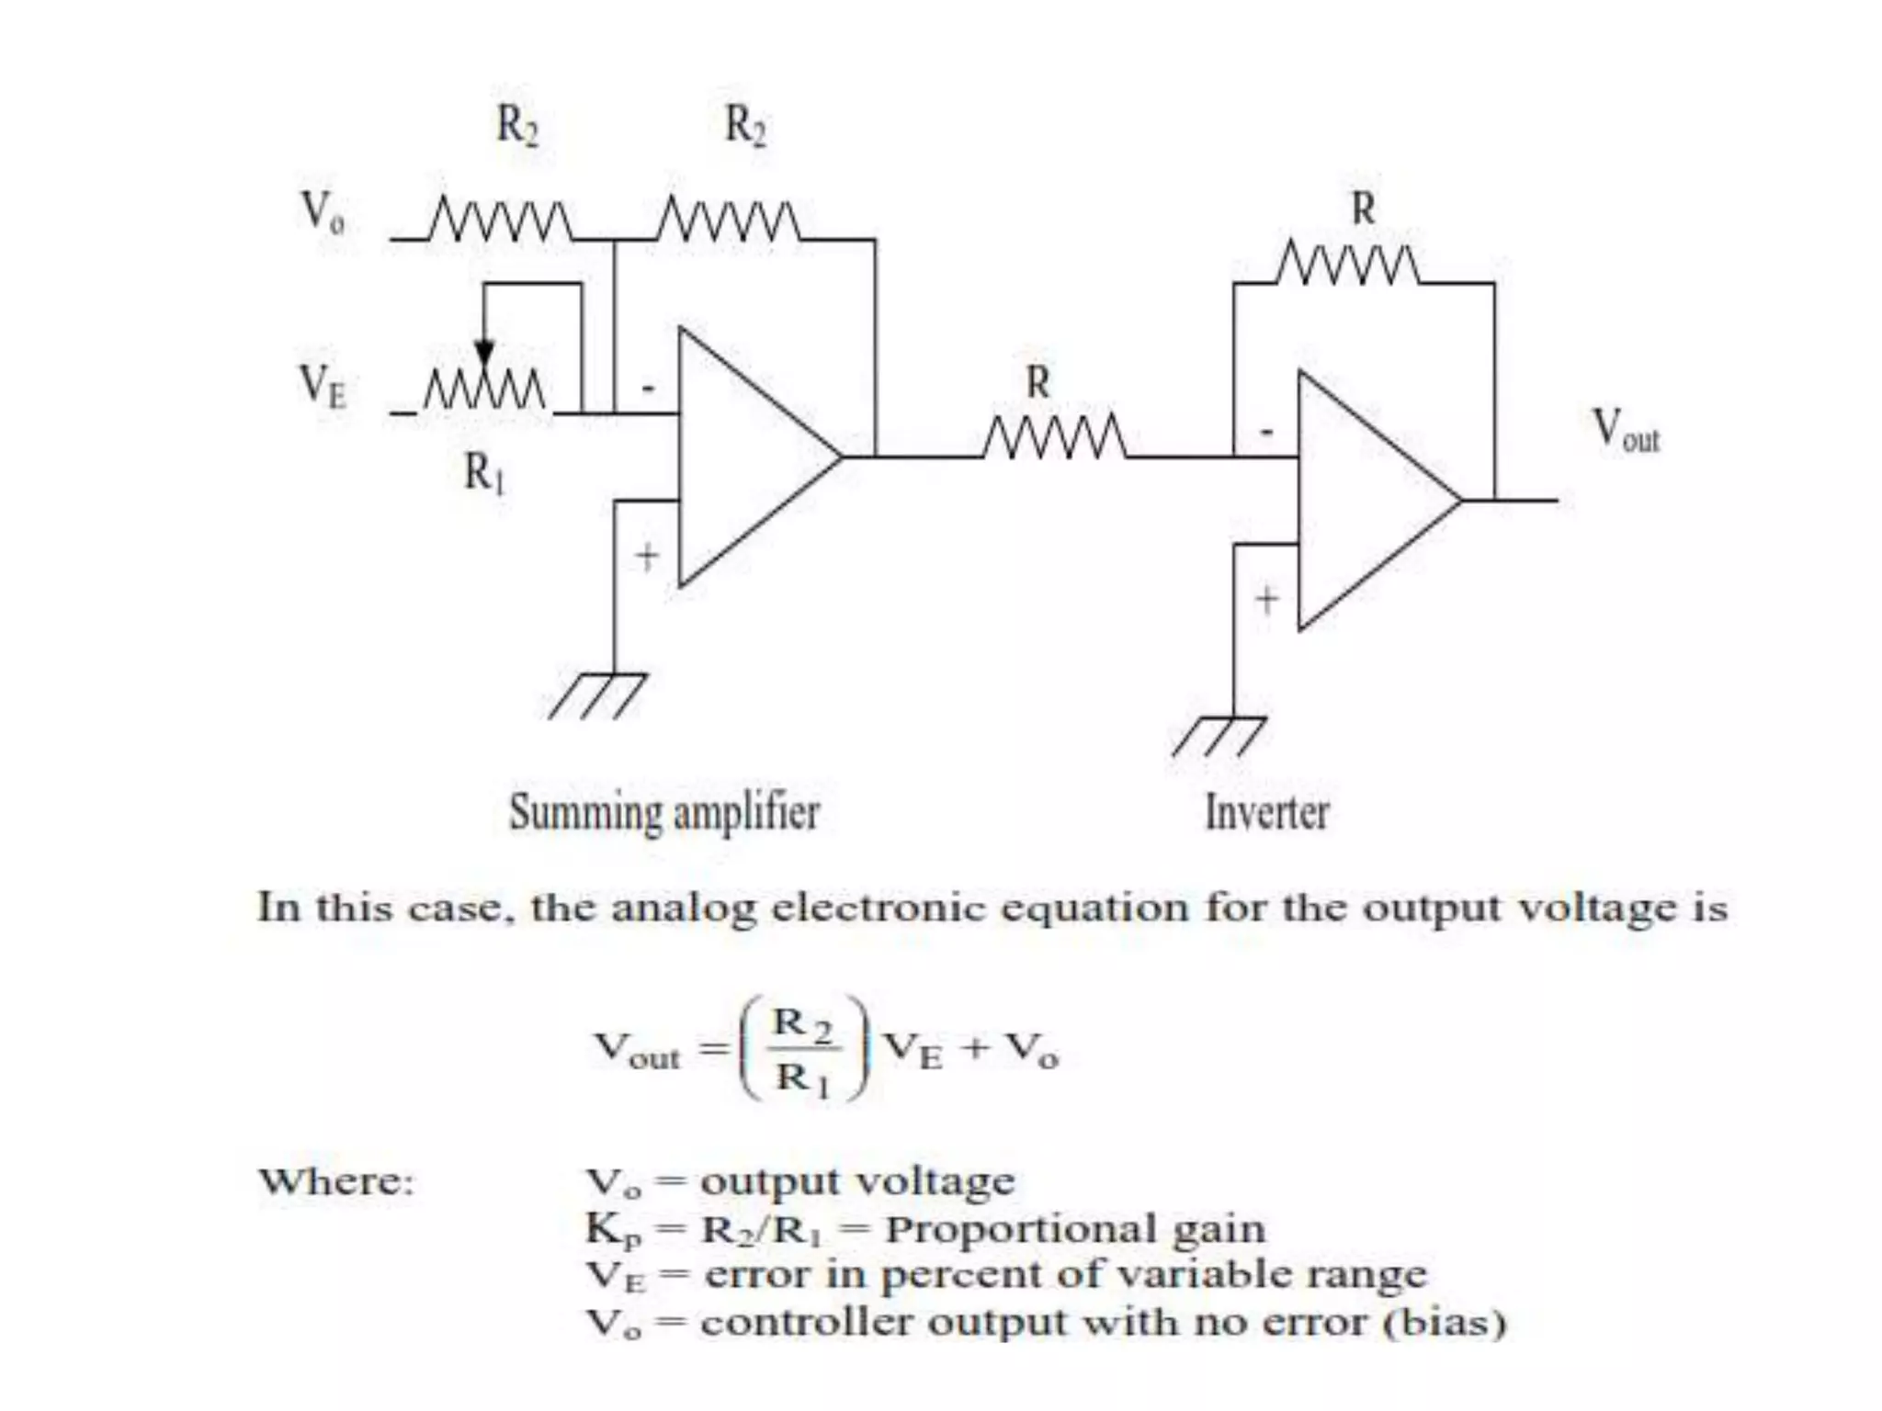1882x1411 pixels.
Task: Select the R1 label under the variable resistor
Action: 484,473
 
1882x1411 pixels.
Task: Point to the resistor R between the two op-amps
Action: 1055,438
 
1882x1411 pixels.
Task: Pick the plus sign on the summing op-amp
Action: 648,556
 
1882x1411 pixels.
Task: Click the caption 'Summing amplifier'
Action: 663,813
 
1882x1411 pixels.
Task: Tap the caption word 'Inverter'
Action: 1266,813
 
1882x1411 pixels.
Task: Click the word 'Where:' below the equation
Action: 335,1181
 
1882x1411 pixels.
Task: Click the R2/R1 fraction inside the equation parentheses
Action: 804,1049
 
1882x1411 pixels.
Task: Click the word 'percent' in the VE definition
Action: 958,1276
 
